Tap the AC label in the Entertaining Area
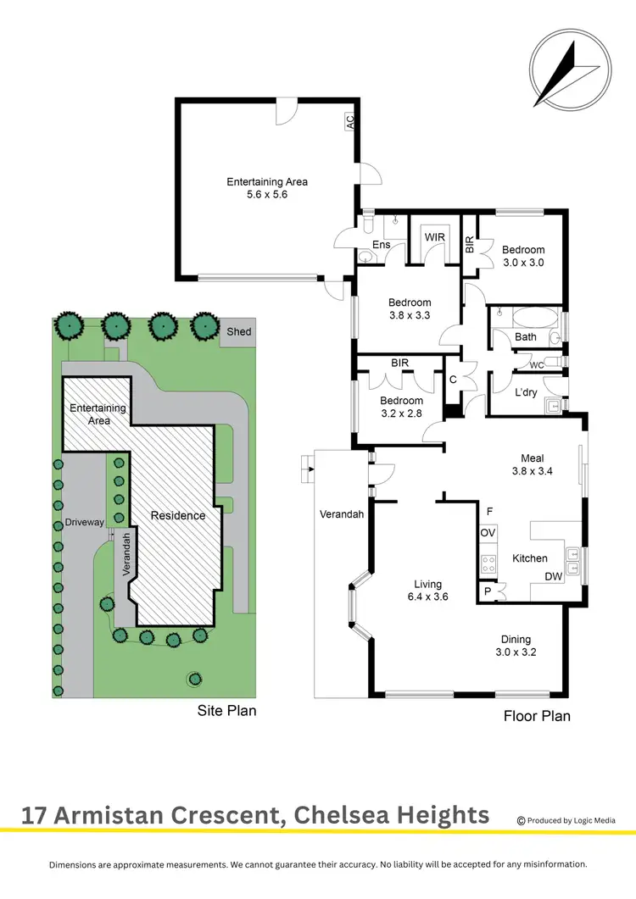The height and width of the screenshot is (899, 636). click(349, 123)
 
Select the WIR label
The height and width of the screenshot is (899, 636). click(434, 237)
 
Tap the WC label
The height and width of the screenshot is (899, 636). click(536, 365)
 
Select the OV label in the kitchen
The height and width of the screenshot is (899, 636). click(488, 533)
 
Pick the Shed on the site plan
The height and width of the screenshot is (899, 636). click(239, 331)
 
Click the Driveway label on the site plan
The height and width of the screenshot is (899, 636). click(84, 523)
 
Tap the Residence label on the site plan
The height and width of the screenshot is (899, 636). click(178, 515)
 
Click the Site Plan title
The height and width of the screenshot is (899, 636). click(226, 711)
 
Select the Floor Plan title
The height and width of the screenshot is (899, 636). click(537, 716)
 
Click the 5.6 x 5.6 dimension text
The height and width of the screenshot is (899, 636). click(267, 194)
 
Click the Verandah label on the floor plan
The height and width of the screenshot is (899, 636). click(341, 514)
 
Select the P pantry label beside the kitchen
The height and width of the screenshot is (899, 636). click(488, 591)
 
